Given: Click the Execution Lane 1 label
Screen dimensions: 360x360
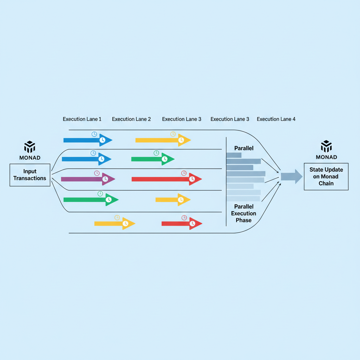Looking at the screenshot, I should pos(82,119).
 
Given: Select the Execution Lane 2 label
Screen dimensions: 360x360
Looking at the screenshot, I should pos(131,119).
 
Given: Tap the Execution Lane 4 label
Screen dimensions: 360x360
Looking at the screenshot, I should pos(276,119).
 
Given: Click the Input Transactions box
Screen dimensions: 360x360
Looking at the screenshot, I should pos(30,175).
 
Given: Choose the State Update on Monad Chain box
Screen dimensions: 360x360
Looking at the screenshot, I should pos(326,176).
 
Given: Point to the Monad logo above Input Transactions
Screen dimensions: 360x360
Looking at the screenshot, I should pos(30,147).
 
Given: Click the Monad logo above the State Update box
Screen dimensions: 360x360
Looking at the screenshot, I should pos(326,146).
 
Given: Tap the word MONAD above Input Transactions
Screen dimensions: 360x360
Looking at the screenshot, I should pos(30,157).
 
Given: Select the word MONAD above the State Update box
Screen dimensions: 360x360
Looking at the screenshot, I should pos(326,157).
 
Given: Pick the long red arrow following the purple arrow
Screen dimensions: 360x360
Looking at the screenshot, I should pos(165,179).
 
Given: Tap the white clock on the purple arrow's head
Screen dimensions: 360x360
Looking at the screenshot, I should pos(105,179).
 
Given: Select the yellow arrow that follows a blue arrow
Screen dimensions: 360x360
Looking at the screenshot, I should pos(162,140).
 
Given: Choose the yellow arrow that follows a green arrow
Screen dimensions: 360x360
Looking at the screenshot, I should pos(172,200).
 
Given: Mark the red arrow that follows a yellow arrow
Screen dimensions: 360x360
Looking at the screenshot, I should pos(181,223).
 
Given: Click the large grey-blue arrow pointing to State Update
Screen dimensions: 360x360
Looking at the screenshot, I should pos(291,176).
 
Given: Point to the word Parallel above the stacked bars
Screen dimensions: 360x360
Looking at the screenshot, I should pos(244,148).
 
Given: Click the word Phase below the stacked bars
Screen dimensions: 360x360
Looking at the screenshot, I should pos(244,220).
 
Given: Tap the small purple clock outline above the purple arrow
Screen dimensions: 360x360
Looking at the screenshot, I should pos(97,173).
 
